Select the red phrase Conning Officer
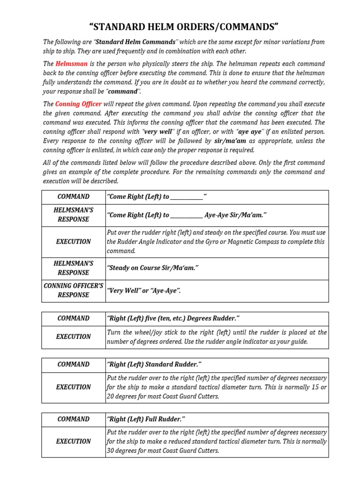pyautogui.click(x=78, y=104)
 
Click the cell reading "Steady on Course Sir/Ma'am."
pyautogui.click(x=153, y=268)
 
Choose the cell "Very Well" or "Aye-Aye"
pyautogui.click(x=143, y=291)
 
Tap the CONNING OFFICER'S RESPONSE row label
pyautogui.click(x=73, y=290)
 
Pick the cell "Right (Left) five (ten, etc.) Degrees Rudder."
pyautogui.click(x=173, y=319)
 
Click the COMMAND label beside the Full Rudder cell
pyautogui.click(x=73, y=419)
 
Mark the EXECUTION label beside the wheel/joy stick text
pyautogui.click(x=73, y=337)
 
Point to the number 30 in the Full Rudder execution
pyautogui.click(x=111, y=451)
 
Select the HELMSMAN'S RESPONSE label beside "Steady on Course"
pyautogui.click(x=73, y=268)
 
